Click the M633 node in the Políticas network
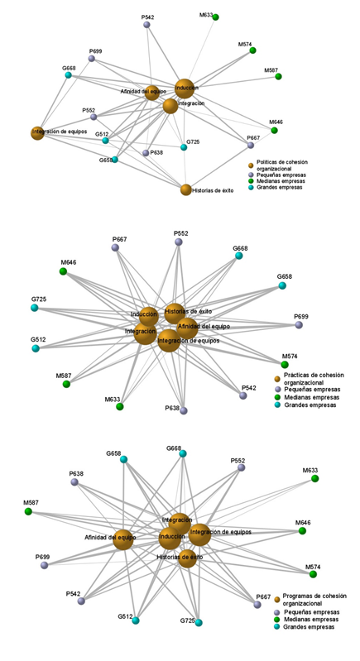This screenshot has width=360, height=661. (215, 17)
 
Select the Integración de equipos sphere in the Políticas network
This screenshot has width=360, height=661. (36, 132)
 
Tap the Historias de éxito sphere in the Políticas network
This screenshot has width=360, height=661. (186, 189)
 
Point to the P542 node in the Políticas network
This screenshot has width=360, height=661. (147, 25)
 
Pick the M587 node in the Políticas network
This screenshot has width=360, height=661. (278, 77)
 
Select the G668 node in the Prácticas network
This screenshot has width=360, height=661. (239, 256)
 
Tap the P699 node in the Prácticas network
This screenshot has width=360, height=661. (299, 324)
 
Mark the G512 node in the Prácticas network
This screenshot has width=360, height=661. (36, 348)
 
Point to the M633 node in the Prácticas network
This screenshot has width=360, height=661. (119, 406)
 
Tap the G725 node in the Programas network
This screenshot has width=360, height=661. (199, 622)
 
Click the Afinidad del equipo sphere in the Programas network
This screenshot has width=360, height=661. (122, 539)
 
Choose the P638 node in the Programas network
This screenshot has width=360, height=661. (74, 481)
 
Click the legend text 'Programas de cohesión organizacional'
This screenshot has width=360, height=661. (313, 600)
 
